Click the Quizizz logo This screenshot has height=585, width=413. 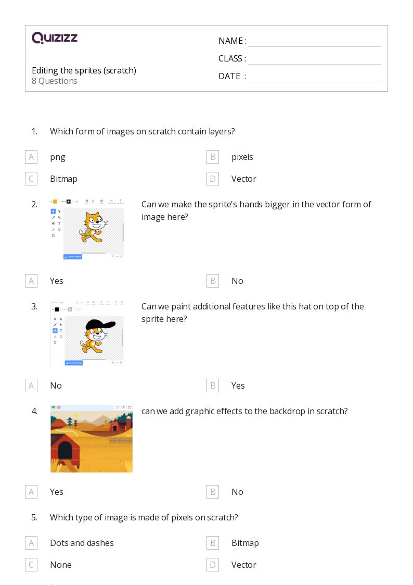(x=55, y=38)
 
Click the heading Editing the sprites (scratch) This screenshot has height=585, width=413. (x=84, y=70)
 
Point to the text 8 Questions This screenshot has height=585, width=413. (x=55, y=81)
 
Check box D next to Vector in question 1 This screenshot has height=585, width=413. (x=212, y=179)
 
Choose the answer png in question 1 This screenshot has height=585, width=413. (x=58, y=157)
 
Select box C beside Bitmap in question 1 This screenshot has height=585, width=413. (x=31, y=179)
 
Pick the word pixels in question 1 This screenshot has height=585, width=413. (x=242, y=157)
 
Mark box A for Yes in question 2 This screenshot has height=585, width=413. (x=31, y=281)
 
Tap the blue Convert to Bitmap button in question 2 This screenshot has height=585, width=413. (x=73, y=257)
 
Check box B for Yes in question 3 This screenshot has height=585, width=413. (x=212, y=385)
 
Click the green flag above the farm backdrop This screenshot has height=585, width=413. (x=53, y=407)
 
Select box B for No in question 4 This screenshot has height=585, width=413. (x=212, y=492)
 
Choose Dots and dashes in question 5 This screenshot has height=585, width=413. (x=82, y=543)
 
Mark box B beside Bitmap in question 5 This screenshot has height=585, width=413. (x=212, y=543)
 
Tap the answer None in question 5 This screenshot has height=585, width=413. (x=61, y=565)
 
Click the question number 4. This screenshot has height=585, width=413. (x=34, y=411)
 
